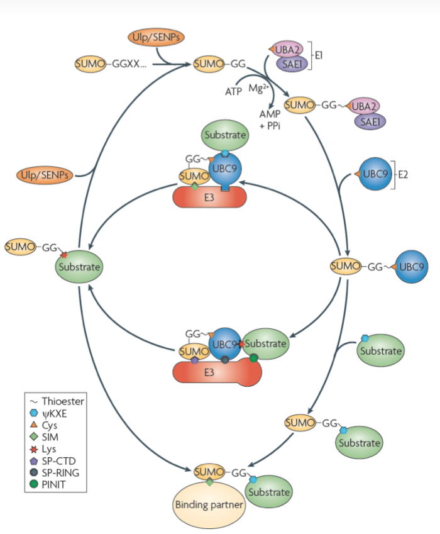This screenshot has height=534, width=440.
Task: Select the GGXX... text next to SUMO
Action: pos(129,64)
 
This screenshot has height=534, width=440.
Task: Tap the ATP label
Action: pos(234,91)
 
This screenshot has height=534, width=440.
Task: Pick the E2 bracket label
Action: pos(403,174)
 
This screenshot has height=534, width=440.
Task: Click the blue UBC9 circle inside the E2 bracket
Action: pos(375,174)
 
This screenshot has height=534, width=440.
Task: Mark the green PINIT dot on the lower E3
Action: pos(253,358)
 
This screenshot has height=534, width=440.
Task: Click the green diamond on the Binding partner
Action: pos(209,482)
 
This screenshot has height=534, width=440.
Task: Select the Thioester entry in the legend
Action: pos(63,401)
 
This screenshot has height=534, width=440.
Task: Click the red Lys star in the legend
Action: pos(34,448)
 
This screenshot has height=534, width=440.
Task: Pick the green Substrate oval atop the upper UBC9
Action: pos(224,135)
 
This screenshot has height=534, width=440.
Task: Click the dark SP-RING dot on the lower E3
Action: pos(225,360)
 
